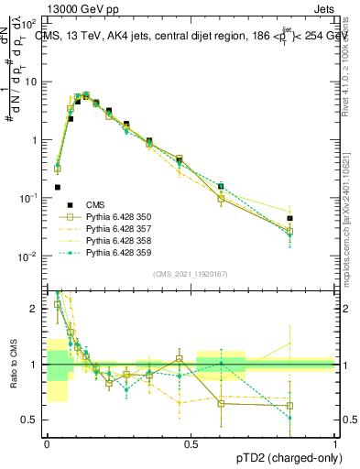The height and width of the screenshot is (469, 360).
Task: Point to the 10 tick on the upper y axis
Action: [33, 82]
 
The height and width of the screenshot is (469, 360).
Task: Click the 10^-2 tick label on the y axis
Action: [30, 256]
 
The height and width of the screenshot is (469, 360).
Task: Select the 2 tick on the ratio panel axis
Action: [36, 309]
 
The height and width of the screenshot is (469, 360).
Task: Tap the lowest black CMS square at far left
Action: [57, 187]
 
